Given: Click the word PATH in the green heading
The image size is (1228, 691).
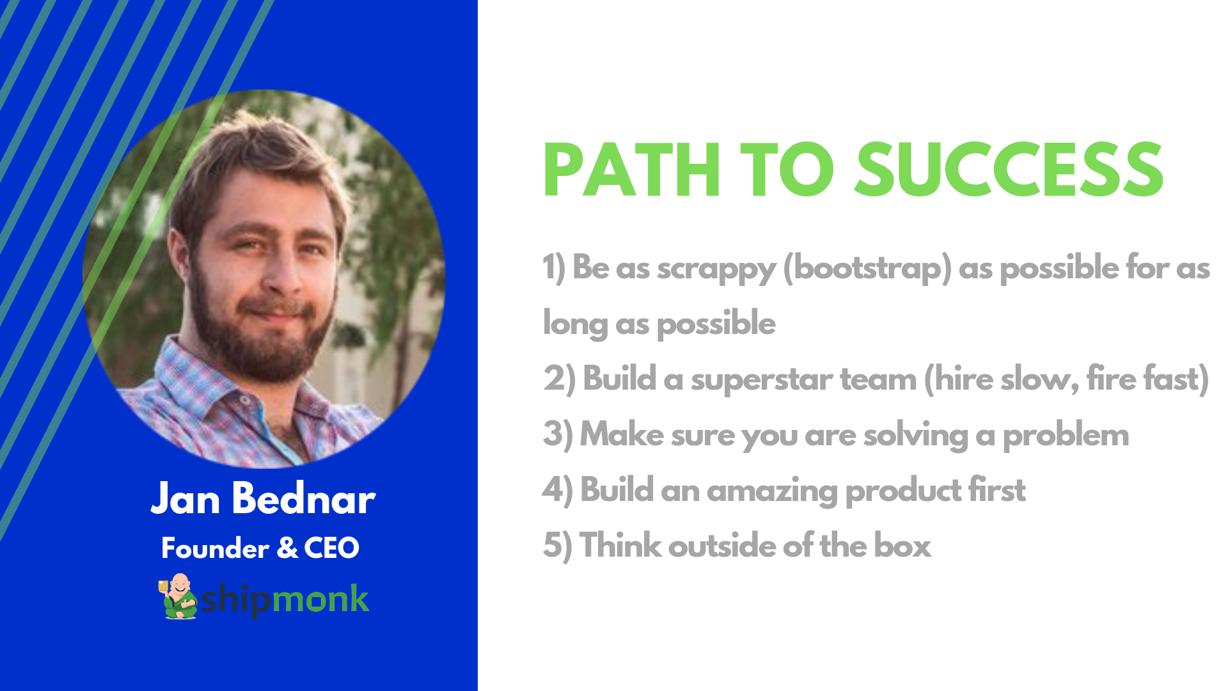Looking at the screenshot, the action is click(x=632, y=170).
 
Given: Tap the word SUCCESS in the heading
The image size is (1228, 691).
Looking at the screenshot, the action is click(x=1009, y=170).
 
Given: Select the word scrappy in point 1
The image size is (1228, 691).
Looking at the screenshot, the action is click(x=716, y=269).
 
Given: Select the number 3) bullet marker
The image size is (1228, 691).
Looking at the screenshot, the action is click(x=558, y=435).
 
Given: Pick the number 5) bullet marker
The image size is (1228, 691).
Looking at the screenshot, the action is click(x=558, y=546).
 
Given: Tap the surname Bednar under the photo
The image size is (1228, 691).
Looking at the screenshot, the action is click(x=304, y=498).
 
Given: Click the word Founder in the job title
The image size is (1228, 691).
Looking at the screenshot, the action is click(x=216, y=548).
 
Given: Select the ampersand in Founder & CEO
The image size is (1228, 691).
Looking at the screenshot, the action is click(x=287, y=548).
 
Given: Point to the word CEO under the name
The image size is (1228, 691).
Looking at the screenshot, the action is click(x=331, y=548).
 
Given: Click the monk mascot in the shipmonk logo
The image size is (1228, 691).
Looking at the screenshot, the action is click(x=178, y=596).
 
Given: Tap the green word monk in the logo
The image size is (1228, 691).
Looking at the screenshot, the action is click(x=320, y=600).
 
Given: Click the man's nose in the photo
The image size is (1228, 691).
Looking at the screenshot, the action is click(x=282, y=272).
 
